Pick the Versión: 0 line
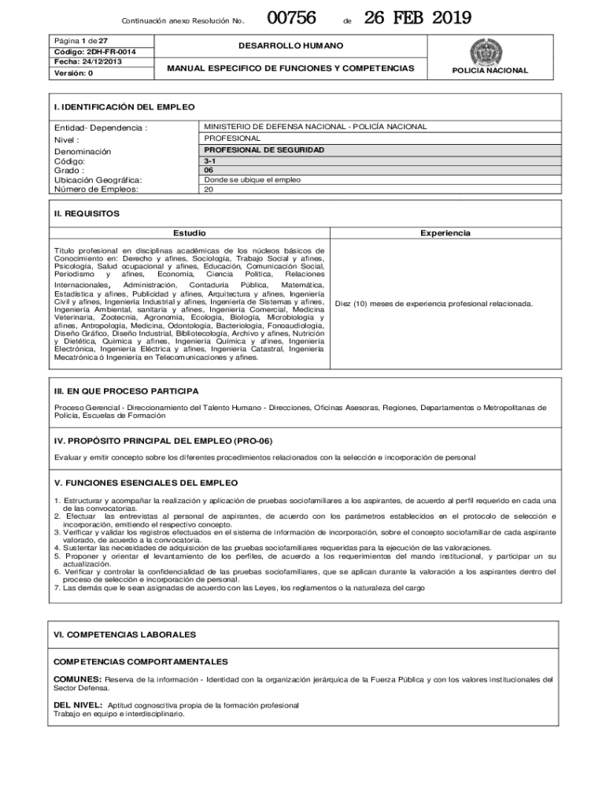(x=73, y=73)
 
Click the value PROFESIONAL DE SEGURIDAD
(x=264, y=150)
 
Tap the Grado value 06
(x=209, y=169)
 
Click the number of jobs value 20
(x=209, y=189)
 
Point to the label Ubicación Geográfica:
(x=98, y=179)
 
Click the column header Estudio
(x=190, y=233)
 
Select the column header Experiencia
(x=445, y=233)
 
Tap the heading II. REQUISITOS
(x=87, y=213)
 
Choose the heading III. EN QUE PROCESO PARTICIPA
(x=126, y=391)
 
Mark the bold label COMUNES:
(x=77, y=678)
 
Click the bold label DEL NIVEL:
(x=77, y=704)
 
